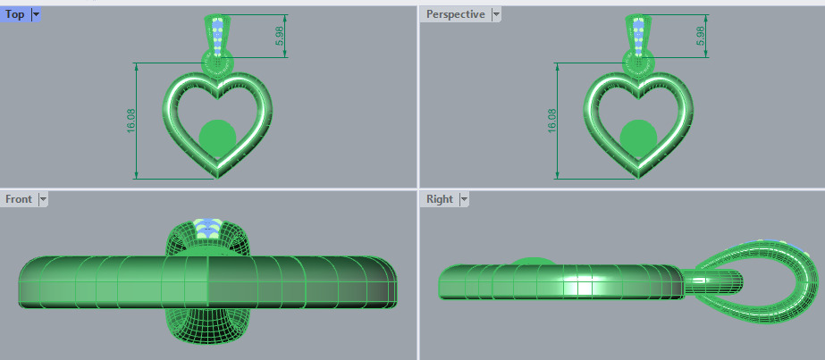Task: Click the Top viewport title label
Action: click(14, 14)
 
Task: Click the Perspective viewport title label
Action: click(455, 14)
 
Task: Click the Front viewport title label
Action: click(19, 199)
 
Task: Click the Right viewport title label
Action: click(440, 199)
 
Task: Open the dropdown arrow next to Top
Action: click(35, 14)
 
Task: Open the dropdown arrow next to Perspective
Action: click(496, 14)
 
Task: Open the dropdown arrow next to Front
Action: click(42, 199)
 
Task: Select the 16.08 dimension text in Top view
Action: click(131, 121)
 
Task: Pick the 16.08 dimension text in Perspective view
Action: click(552, 121)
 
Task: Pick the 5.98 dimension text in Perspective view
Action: click(699, 37)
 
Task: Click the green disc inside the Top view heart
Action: click(217, 137)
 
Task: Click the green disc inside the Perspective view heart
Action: click(638, 137)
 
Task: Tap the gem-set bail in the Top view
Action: click(217, 34)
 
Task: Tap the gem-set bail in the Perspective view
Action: click(638, 34)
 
